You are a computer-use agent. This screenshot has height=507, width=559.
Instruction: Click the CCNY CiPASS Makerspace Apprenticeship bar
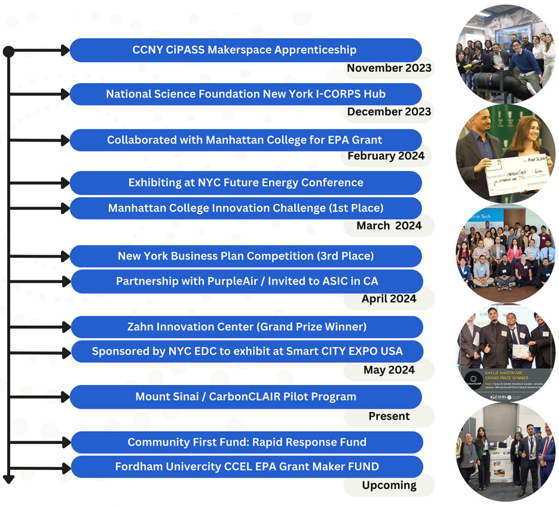(x=245, y=50)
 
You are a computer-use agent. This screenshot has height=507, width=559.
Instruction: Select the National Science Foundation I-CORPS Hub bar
(x=246, y=94)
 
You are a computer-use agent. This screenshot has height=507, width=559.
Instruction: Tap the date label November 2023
(x=389, y=68)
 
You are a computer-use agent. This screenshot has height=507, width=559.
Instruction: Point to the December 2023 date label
(x=389, y=112)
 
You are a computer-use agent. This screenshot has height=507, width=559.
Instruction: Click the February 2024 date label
(x=386, y=156)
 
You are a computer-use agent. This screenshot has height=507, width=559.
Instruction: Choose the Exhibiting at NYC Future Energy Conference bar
(x=246, y=183)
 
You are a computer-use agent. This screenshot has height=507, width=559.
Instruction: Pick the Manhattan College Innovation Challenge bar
(x=246, y=208)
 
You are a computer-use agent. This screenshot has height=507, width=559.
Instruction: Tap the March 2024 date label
(x=389, y=226)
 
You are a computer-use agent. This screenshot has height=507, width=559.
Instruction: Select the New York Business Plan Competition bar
(x=246, y=256)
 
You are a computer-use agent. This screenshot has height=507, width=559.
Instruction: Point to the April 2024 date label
(x=389, y=299)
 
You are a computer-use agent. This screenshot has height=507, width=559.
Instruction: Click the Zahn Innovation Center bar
(x=247, y=327)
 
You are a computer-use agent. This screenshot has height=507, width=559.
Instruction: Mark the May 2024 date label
(x=389, y=370)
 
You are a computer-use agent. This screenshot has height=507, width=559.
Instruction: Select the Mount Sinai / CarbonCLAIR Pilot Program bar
(x=246, y=397)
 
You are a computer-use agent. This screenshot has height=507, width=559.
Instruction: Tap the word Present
(x=389, y=416)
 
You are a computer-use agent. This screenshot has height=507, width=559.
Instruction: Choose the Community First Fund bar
(x=247, y=442)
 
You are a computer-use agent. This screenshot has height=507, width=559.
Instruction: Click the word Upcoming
(x=389, y=485)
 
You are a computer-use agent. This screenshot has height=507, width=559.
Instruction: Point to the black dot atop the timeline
(x=8, y=52)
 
